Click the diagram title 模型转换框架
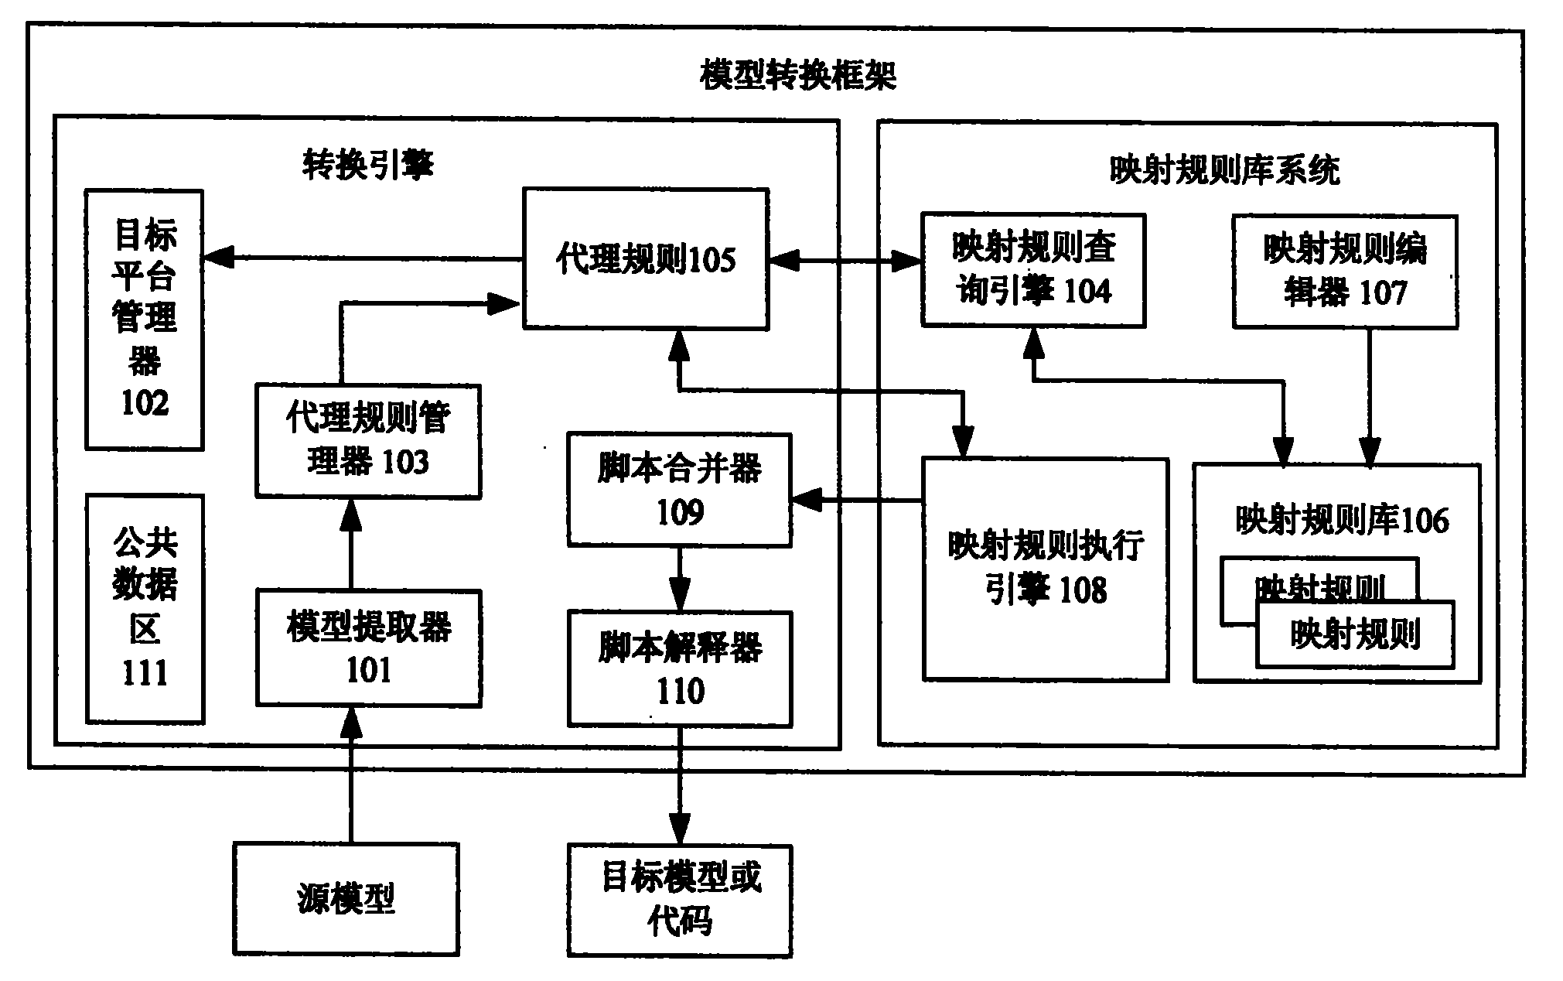click(x=797, y=76)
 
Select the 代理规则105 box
click(x=646, y=259)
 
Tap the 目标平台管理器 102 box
click(x=145, y=320)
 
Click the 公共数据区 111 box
click(x=145, y=609)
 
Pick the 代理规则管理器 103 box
click(x=368, y=441)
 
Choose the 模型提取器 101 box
click(x=368, y=648)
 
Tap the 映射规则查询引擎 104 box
click(x=1032, y=270)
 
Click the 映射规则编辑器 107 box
click(x=1345, y=272)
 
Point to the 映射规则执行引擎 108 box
click(x=1045, y=569)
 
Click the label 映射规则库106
click(x=1342, y=521)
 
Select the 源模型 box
click(x=346, y=899)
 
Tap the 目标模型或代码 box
click(x=680, y=900)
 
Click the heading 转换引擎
click(x=368, y=165)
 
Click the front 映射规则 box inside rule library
click(x=1355, y=635)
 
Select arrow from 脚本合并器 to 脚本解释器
click(x=680, y=579)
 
